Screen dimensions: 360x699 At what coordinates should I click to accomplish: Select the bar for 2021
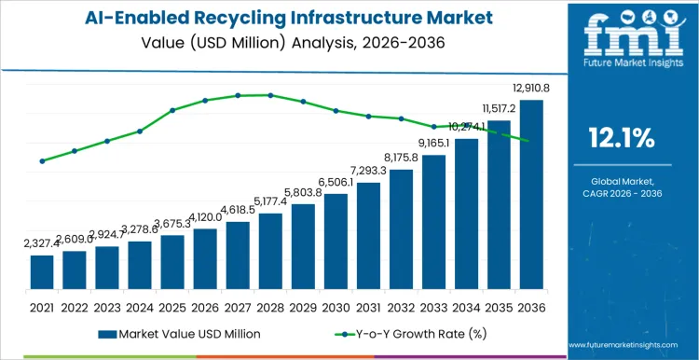pyautogui.click(x=42, y=273)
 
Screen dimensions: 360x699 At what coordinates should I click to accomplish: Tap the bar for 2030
pyautogui.click(x=336, y=242)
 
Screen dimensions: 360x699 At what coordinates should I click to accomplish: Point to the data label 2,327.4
pyautogui.click(x=42, y=243)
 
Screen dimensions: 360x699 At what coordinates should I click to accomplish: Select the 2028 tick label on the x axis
pyautogui.click(x=270, y=306)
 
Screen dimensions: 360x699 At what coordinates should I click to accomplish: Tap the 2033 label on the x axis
pyautogui.click(x=433, y=306)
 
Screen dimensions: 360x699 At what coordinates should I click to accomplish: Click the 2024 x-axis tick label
pyautogui.click(x=140, y=306)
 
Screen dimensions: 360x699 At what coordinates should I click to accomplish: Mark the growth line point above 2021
pyautogui.click(x=42, y=161)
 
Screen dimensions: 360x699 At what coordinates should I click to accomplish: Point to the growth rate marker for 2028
pyautogui.click(x=270, y=95)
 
